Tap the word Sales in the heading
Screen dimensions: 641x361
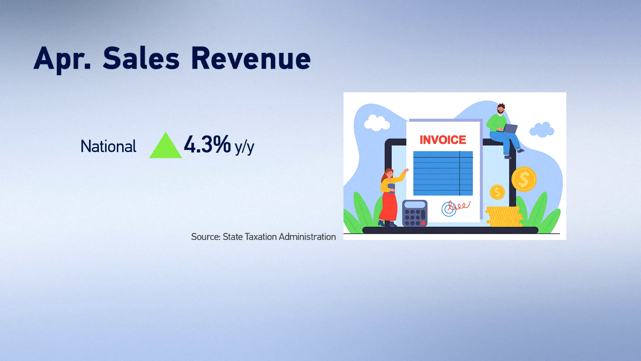(x=141, y=58)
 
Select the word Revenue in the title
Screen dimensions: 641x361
(x=251, y=58)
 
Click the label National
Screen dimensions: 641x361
(x=108, y=146)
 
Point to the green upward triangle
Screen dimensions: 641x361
(x=166, y=148)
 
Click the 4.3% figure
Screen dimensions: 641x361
(x=207, y=144)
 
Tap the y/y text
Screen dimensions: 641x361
(x=244, y=148)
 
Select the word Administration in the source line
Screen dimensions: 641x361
(x=308, y=237)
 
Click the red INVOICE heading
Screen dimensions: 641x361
(x=443, y=140)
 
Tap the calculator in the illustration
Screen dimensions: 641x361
(x=415, y=213)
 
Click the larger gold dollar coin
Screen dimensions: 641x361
(x=524, y=179)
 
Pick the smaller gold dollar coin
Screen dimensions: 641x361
(x=497, y=192)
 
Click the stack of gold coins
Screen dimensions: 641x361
(x=504, y=217)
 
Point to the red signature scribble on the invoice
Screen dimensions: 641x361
(x=459, y=206)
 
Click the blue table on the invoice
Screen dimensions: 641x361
(x=443, y=173)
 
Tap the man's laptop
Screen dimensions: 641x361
(x=510, y=129)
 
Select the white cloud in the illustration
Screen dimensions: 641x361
(x=376, y=123)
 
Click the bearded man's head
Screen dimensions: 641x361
(x=501, y=109)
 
